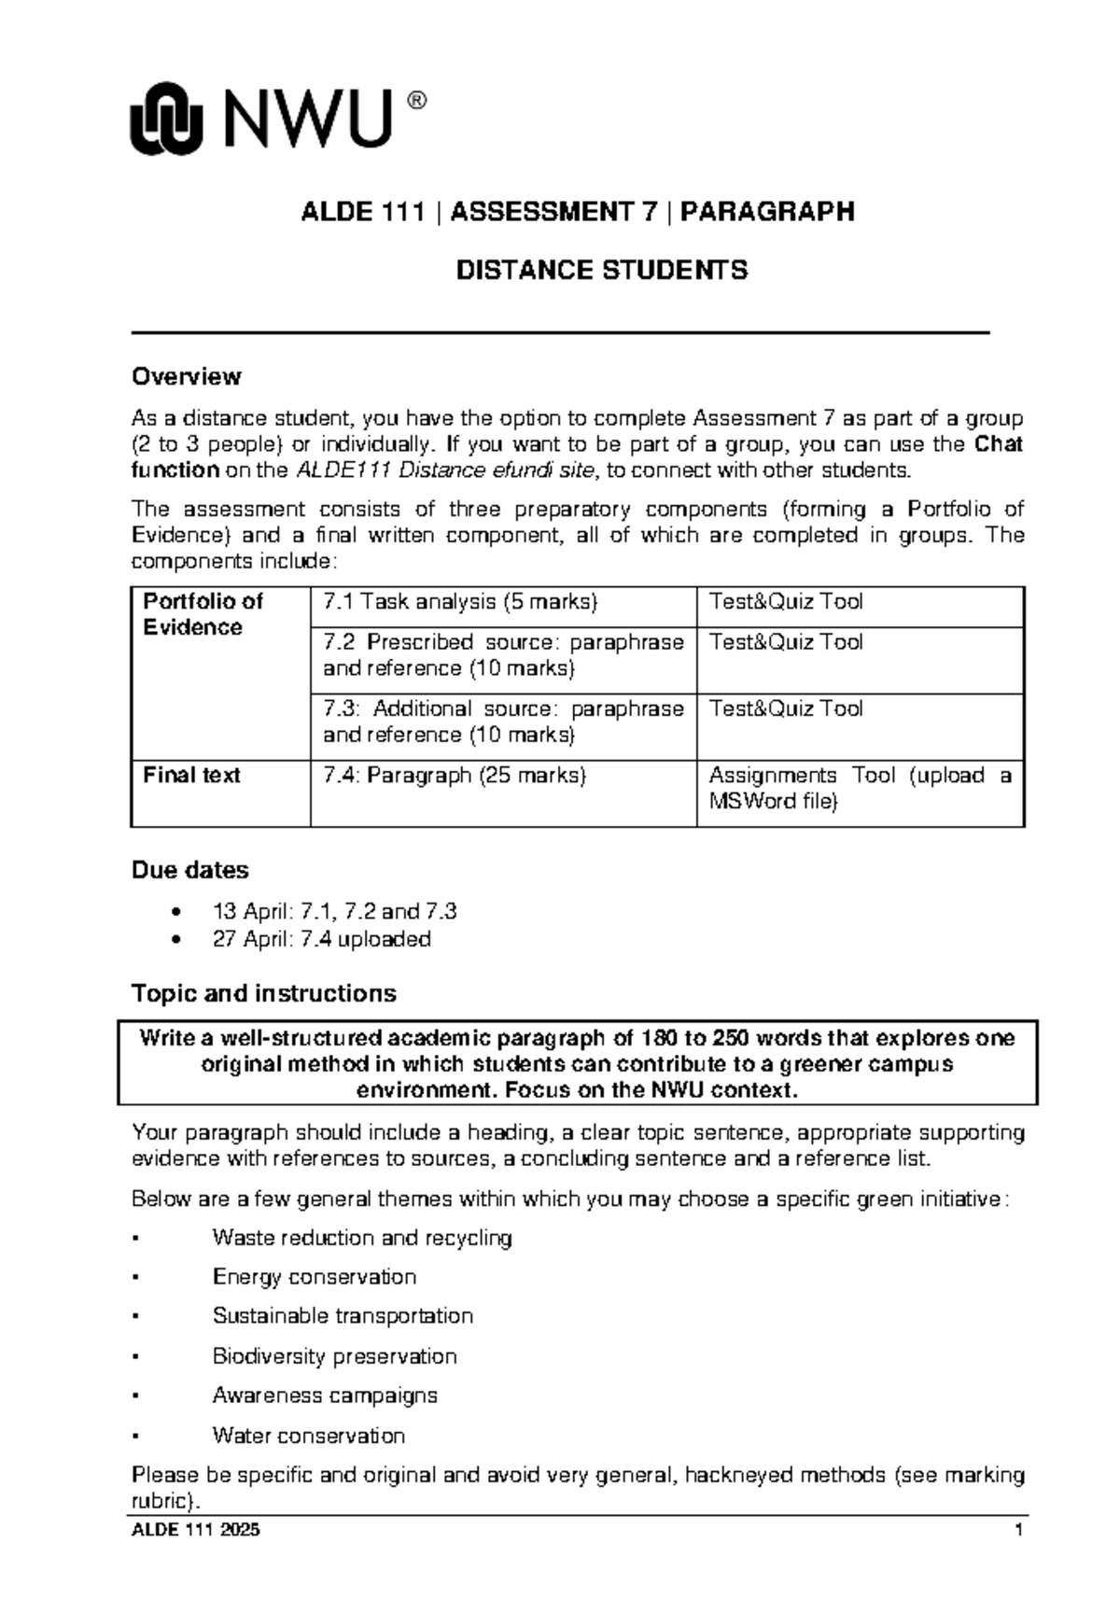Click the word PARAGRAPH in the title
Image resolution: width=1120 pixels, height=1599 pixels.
[767, 212]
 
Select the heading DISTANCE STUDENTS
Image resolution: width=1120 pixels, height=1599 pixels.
[601, 271]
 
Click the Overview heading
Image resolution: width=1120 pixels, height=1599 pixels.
[186, 376]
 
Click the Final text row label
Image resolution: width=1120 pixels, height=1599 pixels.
[191, 776]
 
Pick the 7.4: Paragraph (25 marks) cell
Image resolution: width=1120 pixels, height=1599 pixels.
[455, 776]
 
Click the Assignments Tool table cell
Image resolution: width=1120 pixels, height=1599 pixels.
[859, 789]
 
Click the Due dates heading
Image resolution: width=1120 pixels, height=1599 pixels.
[189, 870]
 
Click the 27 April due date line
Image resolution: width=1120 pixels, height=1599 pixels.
[321, 939]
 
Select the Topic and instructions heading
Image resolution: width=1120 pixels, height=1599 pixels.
[263, 993]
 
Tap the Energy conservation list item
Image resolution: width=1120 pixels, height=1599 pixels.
[314, 1277]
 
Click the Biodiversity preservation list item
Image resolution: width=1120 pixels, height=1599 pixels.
[334, 1356]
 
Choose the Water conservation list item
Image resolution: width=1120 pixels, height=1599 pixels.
[308, 1436]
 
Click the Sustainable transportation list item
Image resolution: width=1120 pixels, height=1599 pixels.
[343, 1316]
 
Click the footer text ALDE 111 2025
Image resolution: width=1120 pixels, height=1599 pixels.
[196, 1531]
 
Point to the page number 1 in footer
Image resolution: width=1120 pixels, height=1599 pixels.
[1019, 1531]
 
